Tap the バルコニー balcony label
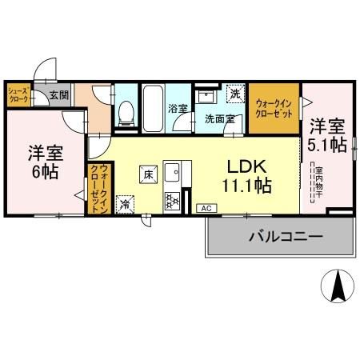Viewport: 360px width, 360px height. [279, 238]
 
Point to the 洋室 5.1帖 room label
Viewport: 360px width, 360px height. [327, 136]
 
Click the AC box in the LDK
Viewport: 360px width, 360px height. [205, 207]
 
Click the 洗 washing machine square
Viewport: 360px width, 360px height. [234, 94]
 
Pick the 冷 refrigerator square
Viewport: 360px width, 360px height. [126, 204]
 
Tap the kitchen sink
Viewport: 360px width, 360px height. [174, 170]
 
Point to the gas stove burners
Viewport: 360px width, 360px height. [174, 200]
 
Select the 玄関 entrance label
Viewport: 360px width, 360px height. [58, 94]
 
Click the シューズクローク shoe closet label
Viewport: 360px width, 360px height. [18, 95]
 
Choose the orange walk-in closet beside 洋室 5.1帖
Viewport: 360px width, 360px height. [274, 107]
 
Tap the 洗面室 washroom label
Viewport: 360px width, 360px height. [218, 119]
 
